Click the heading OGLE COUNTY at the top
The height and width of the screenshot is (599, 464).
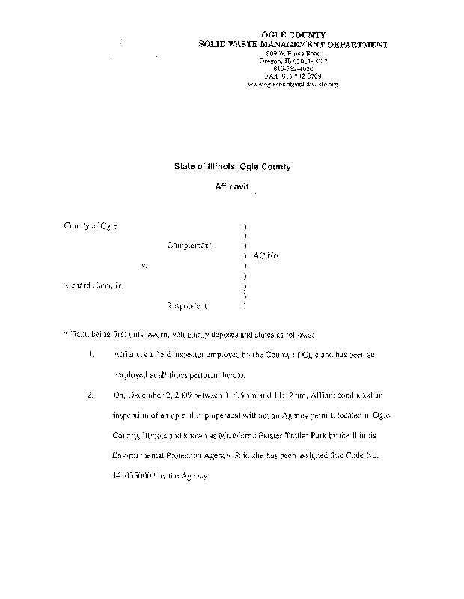coord(293,36)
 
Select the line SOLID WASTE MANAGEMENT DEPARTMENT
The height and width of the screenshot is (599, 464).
coord(293,45)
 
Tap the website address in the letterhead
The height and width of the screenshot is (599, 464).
coord(293,85)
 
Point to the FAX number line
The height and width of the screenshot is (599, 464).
coord(293,76)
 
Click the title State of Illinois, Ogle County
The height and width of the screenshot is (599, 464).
coord(227,167)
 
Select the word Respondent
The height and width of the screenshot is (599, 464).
coord(187,306)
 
